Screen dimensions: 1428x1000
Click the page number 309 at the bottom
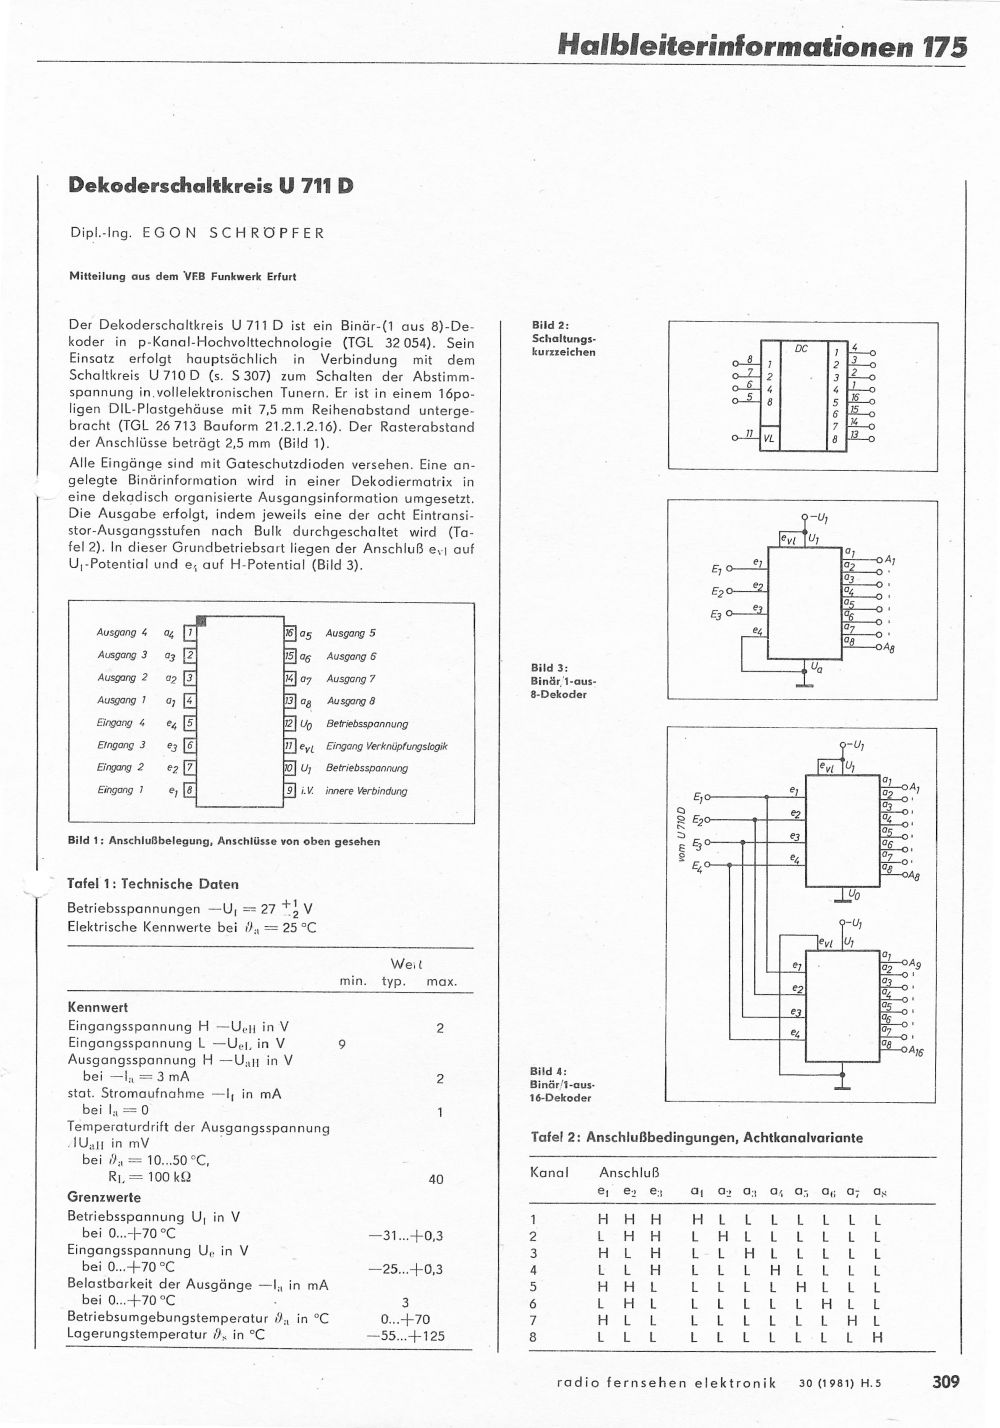[x=945, y=1382]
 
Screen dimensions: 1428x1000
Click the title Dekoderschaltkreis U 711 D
[x=210, y=185]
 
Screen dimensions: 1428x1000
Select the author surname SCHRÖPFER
[x=267, y=233]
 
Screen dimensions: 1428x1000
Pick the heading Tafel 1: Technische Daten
[x=152, y=884]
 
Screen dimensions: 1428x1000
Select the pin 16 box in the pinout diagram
[x=290, y=633]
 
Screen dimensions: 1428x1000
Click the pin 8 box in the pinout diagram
[x=190, y=791]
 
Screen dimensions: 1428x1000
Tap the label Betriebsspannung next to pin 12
[x=367, y=724]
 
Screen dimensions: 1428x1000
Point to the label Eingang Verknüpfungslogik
[x=386, y=746]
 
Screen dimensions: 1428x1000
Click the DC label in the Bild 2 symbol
[x=801, y=349]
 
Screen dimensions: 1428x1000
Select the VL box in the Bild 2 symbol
[x=769, y=438]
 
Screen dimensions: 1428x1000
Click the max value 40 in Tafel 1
[x=436, y=1180]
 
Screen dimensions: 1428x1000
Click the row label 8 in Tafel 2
[x=533, y=1337]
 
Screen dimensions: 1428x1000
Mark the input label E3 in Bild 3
[x=716, y=614]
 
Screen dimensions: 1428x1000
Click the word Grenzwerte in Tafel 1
[x=104, y=1197]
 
